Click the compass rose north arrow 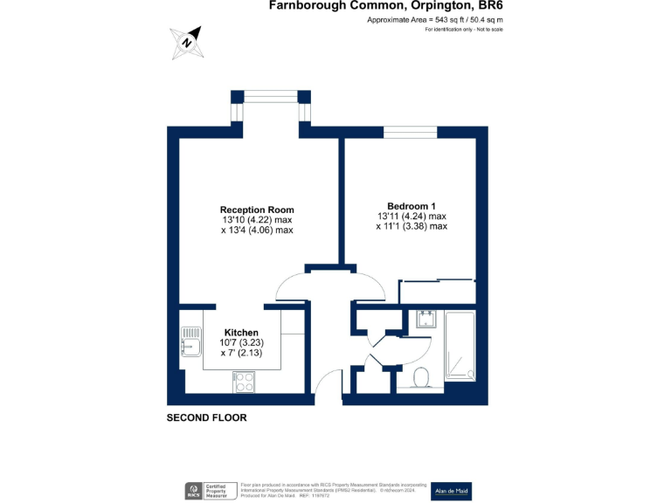coord(187,42)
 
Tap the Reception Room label coord(257,210)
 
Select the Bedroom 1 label coord(412,205)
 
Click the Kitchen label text coord(241,333)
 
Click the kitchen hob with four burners coord(243,381)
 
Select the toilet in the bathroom coord(420,377)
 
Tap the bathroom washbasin coord(426,318)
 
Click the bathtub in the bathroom coord(460,346)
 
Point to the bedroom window coord(410,132)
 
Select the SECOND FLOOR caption coord(207,418)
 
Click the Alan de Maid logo coord(452,491)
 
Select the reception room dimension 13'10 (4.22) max coord(257,220)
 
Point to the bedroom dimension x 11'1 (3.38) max coord(412,226)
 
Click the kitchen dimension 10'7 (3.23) coord(241,343)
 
